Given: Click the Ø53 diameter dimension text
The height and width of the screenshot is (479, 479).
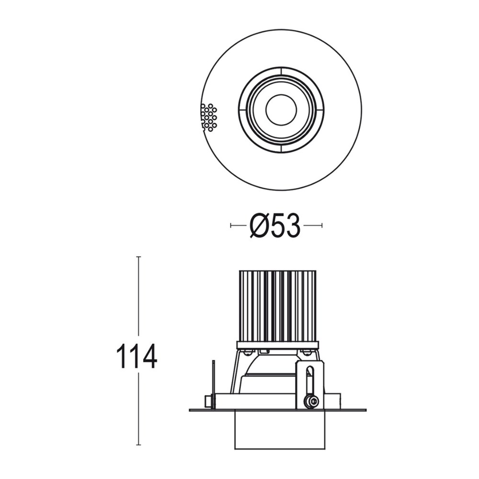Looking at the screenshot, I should pyautogui.click(x=275, y=225).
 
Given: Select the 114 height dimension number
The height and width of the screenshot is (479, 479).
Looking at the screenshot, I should pyautogui.click(x=137, y=355).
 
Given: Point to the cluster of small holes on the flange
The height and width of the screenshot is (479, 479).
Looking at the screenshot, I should pyautogui.click(x=208, y=117).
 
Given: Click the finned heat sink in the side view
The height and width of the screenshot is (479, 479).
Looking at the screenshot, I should pyautogui.click(x=277, y=306).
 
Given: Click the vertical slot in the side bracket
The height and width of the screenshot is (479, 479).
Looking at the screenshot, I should pyautogui.click(x=310, y=381).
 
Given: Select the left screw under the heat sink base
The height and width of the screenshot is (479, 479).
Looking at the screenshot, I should pyautogui.click(x=248, y=353).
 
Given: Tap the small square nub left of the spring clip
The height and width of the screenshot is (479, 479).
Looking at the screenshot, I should pyautogui.click(x=208, y=401).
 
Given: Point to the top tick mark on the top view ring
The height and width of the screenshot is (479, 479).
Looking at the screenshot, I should pyautogui.click(x=281, y=71).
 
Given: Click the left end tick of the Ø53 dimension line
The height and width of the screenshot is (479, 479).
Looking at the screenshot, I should pyautogui.click(x=231, y=225).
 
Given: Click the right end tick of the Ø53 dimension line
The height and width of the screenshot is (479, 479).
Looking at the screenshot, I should pyautogui.click(x=322, y=225).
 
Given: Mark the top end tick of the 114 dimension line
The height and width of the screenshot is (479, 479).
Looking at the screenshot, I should pyautogui.click(x=138, y=257).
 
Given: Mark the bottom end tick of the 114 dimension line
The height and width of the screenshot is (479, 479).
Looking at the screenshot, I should pyautogui.click(x=138, y=445).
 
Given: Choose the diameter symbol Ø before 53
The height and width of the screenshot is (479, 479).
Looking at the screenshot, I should pyautogui.click(x=259, y=225).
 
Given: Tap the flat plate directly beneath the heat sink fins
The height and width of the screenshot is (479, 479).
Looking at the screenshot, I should pyautogui.click(x=277, y=344).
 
